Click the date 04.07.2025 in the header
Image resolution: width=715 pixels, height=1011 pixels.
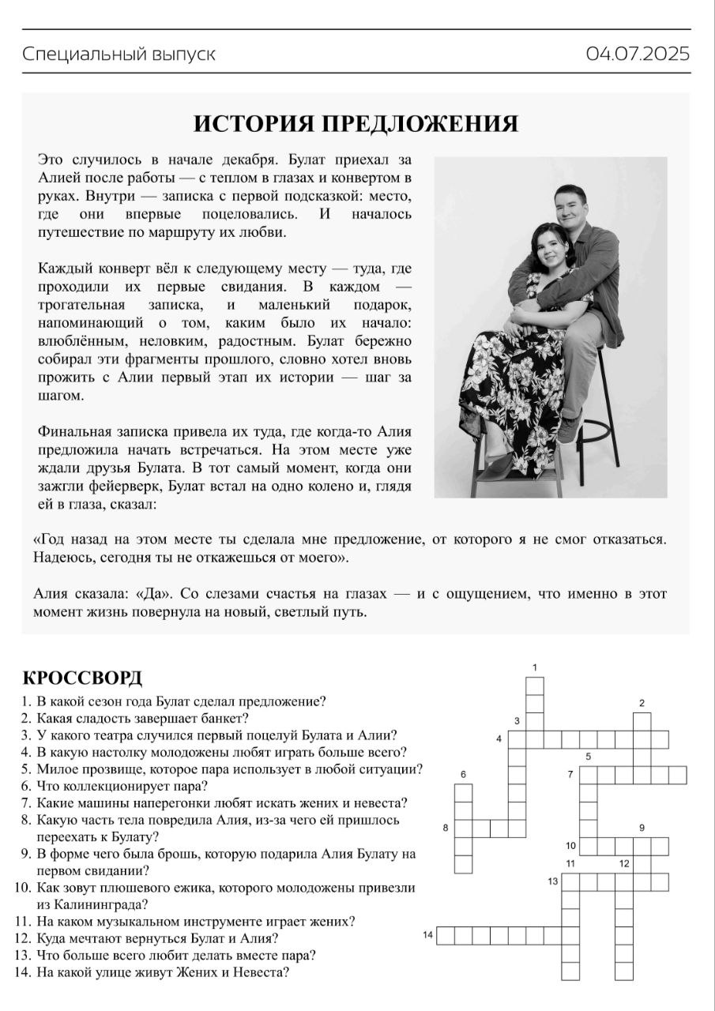coord(638,54)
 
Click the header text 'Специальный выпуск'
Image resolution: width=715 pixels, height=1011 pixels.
coord(119,54)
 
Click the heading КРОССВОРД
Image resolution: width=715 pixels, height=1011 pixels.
coord(82,678)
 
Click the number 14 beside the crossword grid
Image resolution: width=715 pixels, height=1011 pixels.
coord(427,935)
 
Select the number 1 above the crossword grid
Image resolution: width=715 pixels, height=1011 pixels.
coord(535,667)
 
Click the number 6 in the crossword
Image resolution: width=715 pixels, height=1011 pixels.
coord(463,774)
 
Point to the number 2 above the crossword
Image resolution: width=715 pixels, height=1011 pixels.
coord(642,703)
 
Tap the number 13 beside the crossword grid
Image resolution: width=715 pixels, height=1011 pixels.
coord(553,881)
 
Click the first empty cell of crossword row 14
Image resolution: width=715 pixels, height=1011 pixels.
coord(446,936)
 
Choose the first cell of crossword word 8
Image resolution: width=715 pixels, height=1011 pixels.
coord(464,828)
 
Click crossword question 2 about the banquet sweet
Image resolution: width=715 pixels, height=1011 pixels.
coord(142,718)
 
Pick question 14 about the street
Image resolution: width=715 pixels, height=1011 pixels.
coord(162,972)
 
